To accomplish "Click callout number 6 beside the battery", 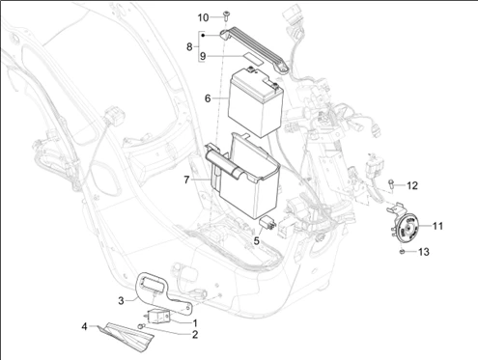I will point(207,97).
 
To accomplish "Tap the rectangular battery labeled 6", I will point(252,98).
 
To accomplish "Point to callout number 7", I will point(187,179).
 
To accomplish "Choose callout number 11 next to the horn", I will point(436,227).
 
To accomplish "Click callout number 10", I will point(203,17).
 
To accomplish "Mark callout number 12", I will point(411,184).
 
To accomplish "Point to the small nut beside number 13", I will point(399,253).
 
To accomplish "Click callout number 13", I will point(422,253).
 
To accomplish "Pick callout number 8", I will point(189,45).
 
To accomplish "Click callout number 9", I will point(203,57).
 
